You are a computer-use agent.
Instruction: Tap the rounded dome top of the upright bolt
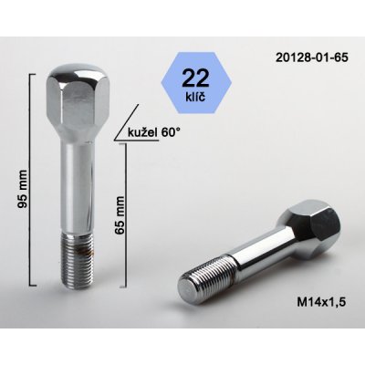75,69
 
